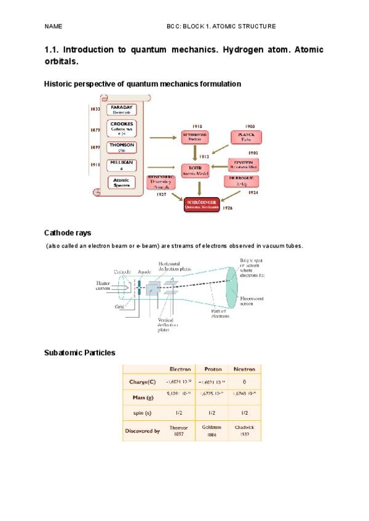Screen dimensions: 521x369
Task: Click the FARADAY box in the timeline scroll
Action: [x=121, y=110]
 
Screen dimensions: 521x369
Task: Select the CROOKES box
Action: [x=121, y=128]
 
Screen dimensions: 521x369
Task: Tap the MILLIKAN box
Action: [x=121, y=165]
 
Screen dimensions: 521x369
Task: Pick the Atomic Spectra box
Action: [x=121, y=182]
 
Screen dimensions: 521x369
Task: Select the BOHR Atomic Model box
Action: [x=195, y=169]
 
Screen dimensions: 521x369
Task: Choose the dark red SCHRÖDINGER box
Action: [x=202, y=204]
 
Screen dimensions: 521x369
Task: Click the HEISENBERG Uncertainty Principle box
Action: [x=162, y=182]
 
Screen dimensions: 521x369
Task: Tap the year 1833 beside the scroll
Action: [x=95, y=109]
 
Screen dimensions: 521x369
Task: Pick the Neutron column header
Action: [x=244, y=369]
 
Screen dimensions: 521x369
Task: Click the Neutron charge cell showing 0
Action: [x=244, y=382]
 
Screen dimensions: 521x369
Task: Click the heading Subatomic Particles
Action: [x=79, y=353]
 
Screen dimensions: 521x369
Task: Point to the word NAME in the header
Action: [x=54, y=27]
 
